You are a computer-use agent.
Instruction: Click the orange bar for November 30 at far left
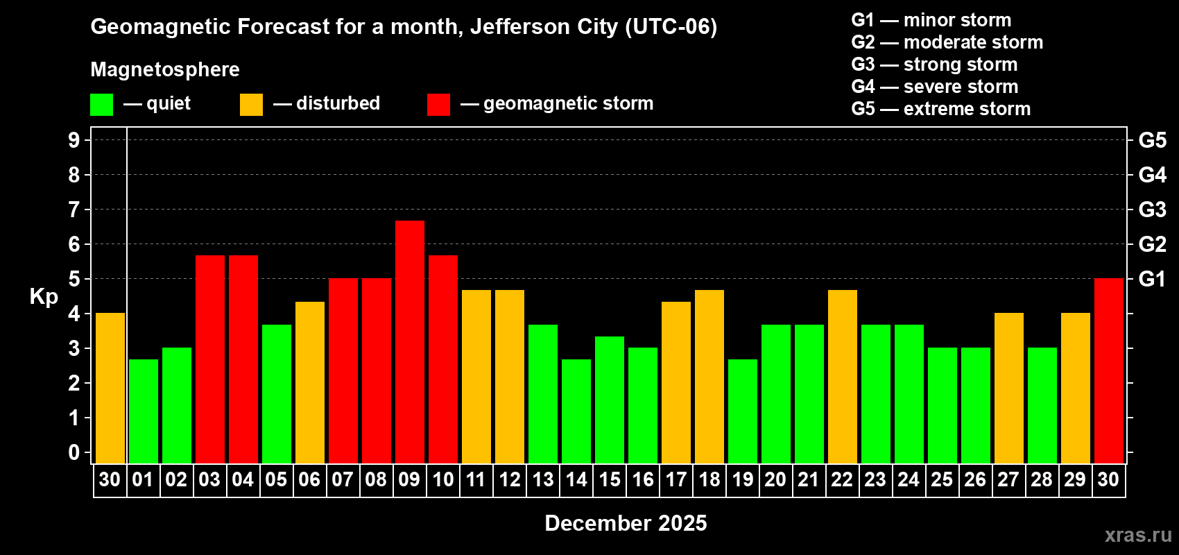[110, 388]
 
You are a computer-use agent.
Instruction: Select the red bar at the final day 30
[1109, 370]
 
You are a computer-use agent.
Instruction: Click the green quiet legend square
[102, 105]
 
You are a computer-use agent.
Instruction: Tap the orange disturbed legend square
[251, 105]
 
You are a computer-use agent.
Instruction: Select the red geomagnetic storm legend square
[438, 105]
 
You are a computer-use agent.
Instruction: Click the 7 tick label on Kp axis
[74, 210]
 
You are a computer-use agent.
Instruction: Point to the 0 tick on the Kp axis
[74, 452]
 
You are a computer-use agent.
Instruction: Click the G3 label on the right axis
[1152, 210]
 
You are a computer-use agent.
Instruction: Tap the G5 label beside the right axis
[1152, 140]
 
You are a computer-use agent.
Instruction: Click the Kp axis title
[44, 297]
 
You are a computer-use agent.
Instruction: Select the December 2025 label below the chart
[626, 523]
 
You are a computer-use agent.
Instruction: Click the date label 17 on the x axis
[676, 480]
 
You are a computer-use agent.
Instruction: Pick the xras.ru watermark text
[1138, 535]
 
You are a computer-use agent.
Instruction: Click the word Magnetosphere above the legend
[165, 69]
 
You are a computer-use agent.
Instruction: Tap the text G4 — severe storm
[934, 87]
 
